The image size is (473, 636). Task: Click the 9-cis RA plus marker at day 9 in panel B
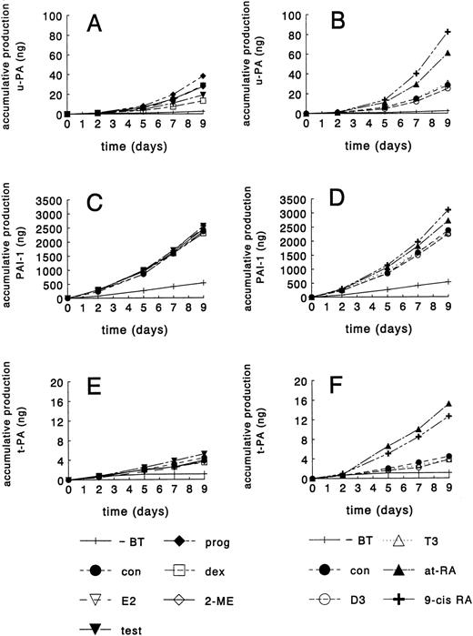coord(448,33)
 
